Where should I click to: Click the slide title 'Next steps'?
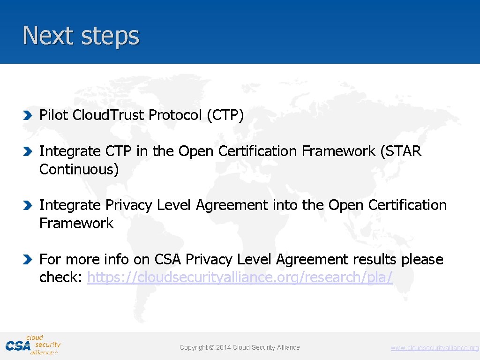(x=81, y=36)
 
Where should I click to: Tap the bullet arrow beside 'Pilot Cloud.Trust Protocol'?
(x=28, y=115)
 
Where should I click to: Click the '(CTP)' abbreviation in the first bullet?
(x=225, y=115)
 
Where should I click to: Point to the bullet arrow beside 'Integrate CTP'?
(x=28, y=151)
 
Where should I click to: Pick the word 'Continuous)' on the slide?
(x=79, y=169)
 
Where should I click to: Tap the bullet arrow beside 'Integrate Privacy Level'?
(x=28, y=205)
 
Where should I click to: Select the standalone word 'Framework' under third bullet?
(x=76, y=223)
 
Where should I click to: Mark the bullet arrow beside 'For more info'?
(x=28, y=259)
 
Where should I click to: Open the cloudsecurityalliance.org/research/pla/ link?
(x=240, y=277)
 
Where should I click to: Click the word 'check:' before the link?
(x=61, y=277)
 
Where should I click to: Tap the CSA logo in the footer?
(x=33, y=345)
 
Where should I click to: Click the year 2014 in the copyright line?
(x=223, y=347)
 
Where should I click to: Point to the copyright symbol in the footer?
(x=211, y=347)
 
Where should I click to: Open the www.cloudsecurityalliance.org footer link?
(x=435, y=348)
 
